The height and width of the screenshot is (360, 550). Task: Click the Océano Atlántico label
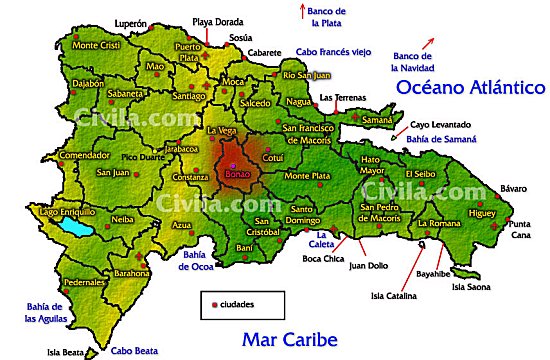tap(469, 87)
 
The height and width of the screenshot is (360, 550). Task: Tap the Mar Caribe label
tap(289, 338)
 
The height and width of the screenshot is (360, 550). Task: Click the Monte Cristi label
tap(96, 45)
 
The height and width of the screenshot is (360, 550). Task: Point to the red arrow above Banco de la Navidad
tap(430, 42)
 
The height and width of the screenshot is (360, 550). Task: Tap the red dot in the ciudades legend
tap(214, 301)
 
